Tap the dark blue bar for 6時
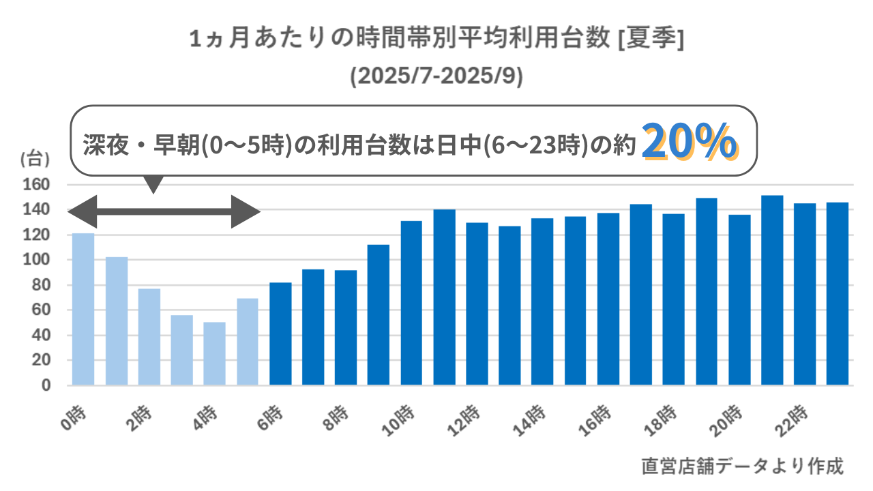point(280,333)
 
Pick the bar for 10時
point(411,303)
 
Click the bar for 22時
point(805,294)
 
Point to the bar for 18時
point(674,299)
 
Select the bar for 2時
point(149,337)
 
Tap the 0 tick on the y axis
point(47,385)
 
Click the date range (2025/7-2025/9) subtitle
point(436,76)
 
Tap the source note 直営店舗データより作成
point(743,466)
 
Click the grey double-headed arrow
point(164,211)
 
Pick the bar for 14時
point(542,301)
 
